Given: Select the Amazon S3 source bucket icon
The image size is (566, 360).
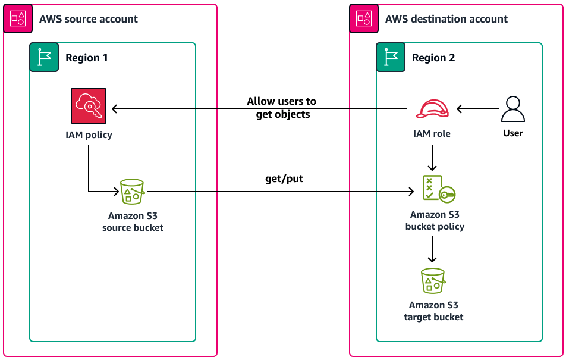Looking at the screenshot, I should click(133, 192).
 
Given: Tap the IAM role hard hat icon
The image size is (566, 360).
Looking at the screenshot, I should click(432, 109).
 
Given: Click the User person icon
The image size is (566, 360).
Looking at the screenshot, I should click(512, 109).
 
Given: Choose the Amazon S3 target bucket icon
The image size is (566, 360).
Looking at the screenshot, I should click(433, 281).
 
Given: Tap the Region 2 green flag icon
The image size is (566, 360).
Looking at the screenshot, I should click(391, 57).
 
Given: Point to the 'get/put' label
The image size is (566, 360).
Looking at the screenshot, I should click(284, 179).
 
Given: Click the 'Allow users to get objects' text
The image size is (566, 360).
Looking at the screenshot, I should click(282, 108).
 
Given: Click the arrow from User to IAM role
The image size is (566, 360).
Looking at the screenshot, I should click(477, 109).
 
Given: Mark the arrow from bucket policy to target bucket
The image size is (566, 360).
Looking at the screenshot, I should click(432, 249).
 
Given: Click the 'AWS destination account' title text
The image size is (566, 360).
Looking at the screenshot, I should click(446, 19).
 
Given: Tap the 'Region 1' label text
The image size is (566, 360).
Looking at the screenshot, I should click(87, 58).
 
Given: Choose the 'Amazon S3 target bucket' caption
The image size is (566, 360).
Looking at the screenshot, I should click(433, 311).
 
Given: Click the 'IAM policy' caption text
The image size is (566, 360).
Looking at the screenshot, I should click(89, 135).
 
